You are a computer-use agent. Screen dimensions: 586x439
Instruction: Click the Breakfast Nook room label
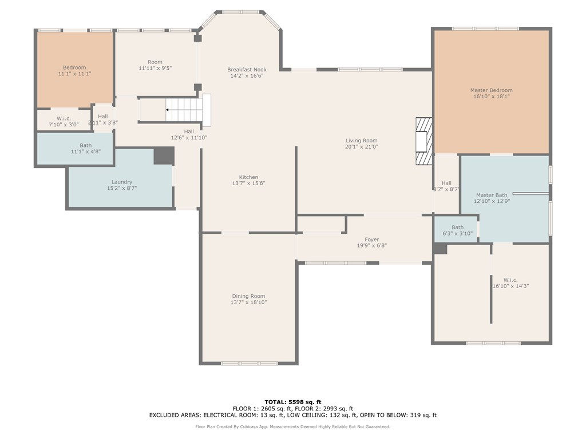coord(247,69)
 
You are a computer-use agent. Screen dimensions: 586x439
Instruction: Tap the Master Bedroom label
coord(491,90)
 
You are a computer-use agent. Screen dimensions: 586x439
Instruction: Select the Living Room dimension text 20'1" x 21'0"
coord(362,147)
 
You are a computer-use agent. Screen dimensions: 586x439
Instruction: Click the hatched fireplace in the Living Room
coord(424,141)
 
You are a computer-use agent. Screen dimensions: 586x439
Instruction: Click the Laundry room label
coord(122,182)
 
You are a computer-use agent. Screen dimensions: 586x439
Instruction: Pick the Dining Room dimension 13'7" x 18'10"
coord(248,302)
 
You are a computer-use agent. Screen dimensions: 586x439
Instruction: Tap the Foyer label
coord(371,240)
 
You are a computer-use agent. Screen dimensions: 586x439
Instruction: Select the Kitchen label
coord(248,177)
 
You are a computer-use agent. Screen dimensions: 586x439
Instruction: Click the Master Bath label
coord(492,195)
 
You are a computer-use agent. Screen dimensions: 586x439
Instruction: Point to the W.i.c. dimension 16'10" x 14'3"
coord(510,286)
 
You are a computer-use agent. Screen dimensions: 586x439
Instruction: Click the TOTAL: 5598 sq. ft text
coord(293,402)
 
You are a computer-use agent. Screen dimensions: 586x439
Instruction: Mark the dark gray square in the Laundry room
coord(164,155)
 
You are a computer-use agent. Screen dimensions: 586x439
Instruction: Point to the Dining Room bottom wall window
coord(250,363)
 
